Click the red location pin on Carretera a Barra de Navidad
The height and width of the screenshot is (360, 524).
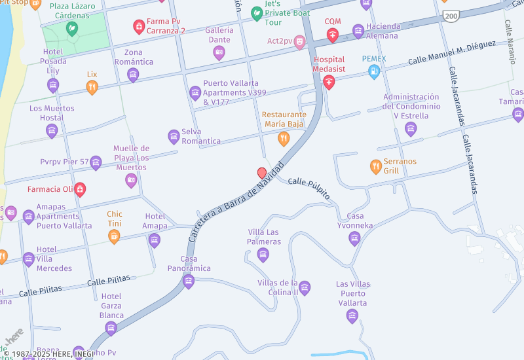pyautogui.click(x=262, y=173)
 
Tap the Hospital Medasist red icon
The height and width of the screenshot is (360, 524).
pyautogui.click(x=329, y=82)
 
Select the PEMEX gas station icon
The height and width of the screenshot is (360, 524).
pyautogui.click(x=374, y=72)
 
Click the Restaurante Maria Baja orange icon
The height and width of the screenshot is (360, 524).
pyautogui.click(x=284, y=137)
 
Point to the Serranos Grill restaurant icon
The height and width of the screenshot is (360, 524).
pyautogui.click(x=375, y=166)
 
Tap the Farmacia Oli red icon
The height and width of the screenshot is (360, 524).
pyautogui.click(x=80, y=190)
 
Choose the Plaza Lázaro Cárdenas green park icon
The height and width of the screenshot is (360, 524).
pyautogui.click(x=72, y=28)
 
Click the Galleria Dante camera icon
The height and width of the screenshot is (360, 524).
pyautogui.click(x=219, y=52)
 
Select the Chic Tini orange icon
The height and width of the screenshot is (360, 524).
pyautogui.click(x=114, y=236)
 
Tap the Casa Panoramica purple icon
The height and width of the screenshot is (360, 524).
pyautogui.click(x=189, y=281)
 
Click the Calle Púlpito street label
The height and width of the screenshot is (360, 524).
pyautogui.click(x=309, y=188)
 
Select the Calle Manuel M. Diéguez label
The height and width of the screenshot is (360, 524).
pyautogui.click(x=451, y=52)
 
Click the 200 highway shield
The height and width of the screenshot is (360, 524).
pyautogui.click(x=449, y=14)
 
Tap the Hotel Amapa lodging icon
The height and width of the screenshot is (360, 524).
pyautogui.click(x=155, y=240)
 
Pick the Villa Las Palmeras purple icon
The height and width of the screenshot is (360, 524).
pyautogui.click(x=263, y=255)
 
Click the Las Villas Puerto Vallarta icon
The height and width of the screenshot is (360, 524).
pyautogui.click(x=352, y=316)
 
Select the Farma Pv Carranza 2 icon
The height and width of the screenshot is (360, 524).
pyautogui.click(x=139, y=26)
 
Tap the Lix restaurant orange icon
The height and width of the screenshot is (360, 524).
pyautogui.click(x=92, y=87)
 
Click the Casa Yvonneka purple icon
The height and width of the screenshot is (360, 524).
pyautogui.click(x=354, y=238)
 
